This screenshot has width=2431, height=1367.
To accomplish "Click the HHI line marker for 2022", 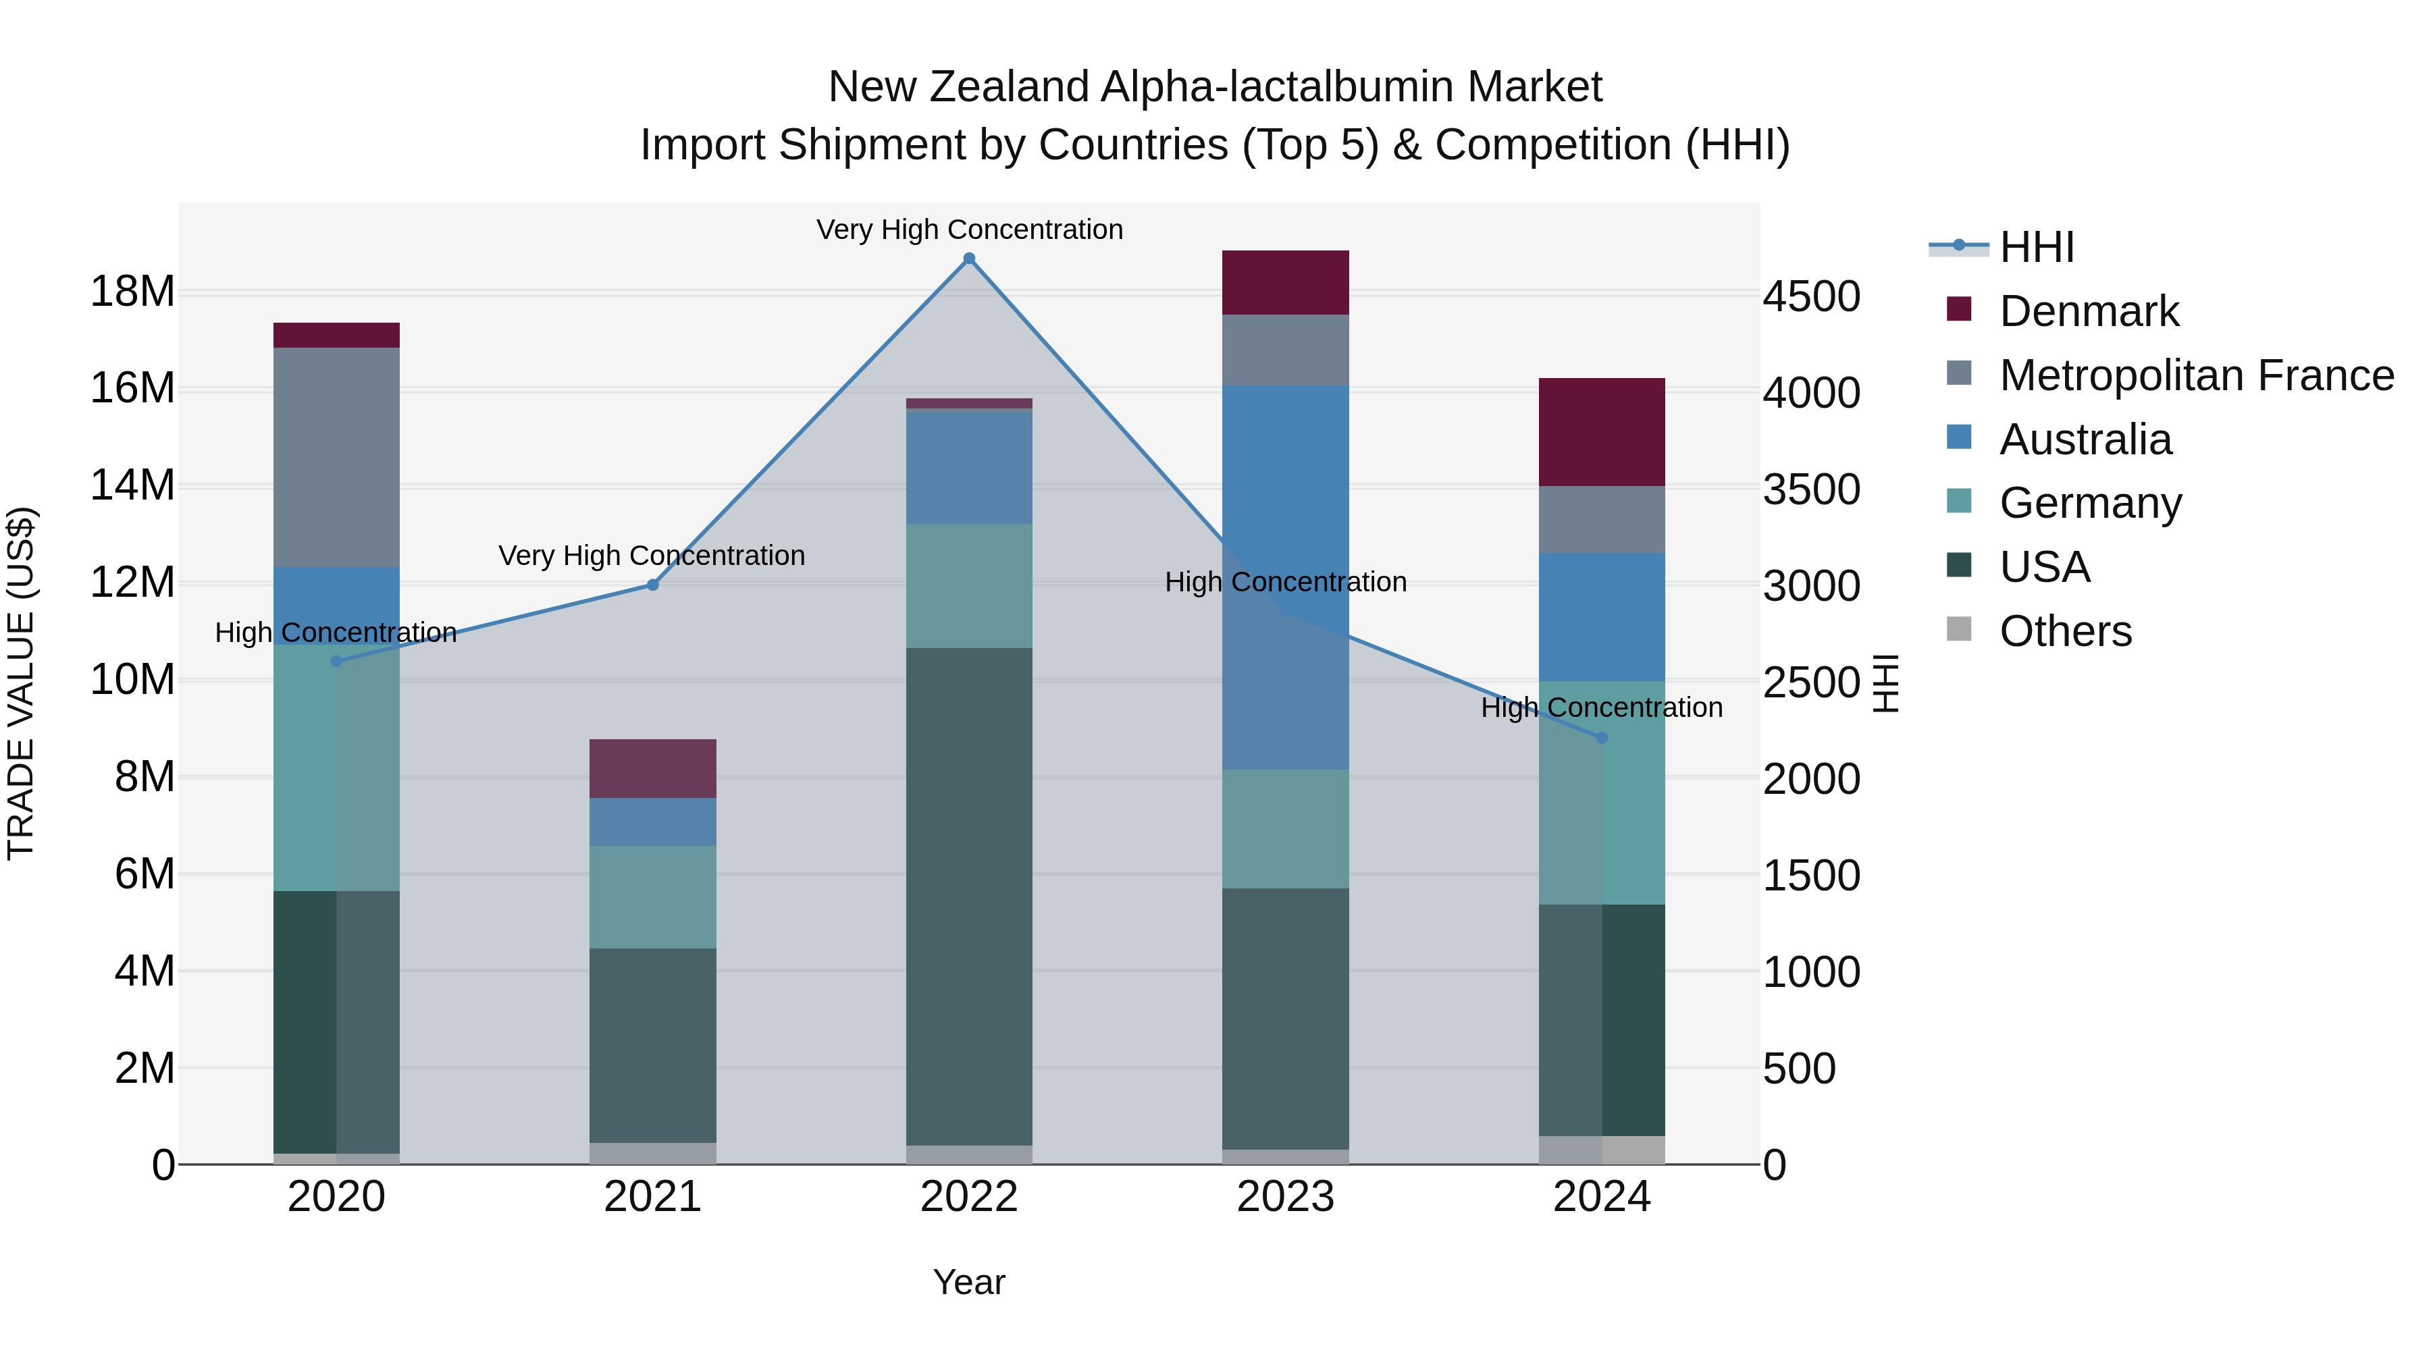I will [x=969, y=259].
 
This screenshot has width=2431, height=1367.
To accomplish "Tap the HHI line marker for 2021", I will [x=652, y=585].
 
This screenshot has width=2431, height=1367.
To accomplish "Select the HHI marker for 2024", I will [x=1602, y=738].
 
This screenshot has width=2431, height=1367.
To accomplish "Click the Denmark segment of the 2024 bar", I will [x=1602, y=432].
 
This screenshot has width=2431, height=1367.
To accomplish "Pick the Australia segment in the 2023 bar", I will [x=1285, y=577].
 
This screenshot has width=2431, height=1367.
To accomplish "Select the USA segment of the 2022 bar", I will [x=969, y=896].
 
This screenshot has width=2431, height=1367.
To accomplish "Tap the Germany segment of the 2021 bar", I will [x=652, y=896].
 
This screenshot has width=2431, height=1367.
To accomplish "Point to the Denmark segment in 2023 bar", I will [x=1285, y=282].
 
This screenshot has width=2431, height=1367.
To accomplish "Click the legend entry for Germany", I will [x=2090, y=503].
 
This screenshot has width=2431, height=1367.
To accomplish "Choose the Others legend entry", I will [x=2065, y=631].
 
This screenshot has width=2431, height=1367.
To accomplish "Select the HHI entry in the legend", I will [x=2037, y=247].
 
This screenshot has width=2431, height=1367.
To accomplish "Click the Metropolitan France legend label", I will [x=2196, y=375].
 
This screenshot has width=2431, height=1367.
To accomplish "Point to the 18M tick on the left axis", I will [x=132, y=292].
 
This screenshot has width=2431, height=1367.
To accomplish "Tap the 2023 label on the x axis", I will [x=1285, y=1197].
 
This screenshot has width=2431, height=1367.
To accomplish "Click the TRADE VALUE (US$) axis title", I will [x=22, y=683].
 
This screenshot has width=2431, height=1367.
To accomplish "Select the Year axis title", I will [x=969, y=1282].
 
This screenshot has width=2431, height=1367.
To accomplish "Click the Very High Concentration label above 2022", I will [x=969, y=230].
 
